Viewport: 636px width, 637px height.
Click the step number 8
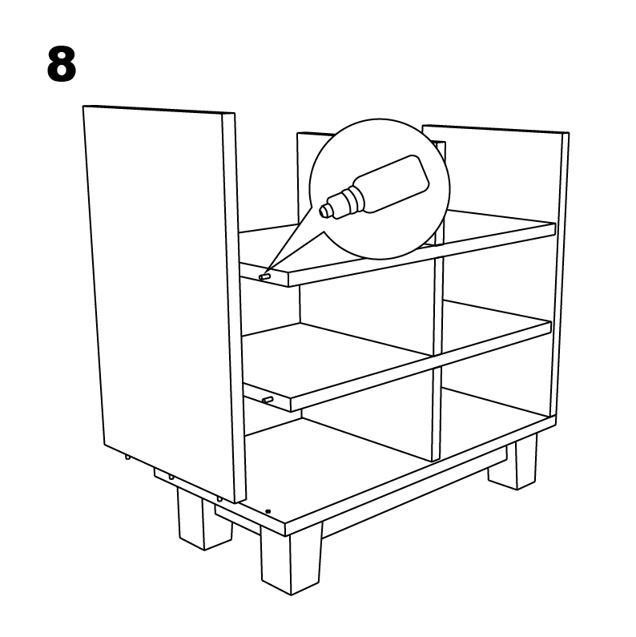point(62,64)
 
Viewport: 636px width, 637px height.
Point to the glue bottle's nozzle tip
point(324,211)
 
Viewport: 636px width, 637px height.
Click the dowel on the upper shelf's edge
point(265,276)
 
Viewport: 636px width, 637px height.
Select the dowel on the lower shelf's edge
point(268,400)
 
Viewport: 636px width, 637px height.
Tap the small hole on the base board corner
point(268,511)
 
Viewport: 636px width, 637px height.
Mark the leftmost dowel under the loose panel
point(127,457)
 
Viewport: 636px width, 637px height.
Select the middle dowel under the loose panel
point(171,477)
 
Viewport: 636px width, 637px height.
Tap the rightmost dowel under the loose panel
point(219,498)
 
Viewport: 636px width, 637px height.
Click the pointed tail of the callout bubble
point(265,274)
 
